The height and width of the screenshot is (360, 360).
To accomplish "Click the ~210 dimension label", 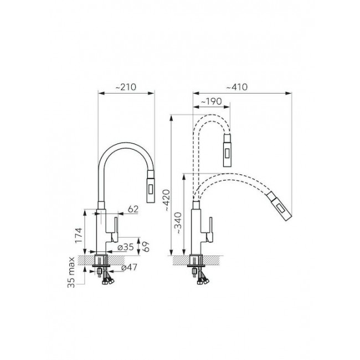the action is (126, 87).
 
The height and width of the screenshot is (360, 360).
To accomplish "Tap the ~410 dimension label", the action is (237, 87).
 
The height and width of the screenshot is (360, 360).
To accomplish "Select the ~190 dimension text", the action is (211, 101).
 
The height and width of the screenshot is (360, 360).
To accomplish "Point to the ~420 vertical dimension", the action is (166, 200).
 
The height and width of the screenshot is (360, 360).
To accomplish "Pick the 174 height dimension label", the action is (79, 235).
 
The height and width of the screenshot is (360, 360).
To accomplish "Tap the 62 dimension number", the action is (133, 209).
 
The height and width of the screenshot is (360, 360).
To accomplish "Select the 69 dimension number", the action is (146, 246).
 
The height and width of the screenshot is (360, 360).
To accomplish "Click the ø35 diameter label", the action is (125, 247).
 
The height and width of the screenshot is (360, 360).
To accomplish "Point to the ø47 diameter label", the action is (129, 267).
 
